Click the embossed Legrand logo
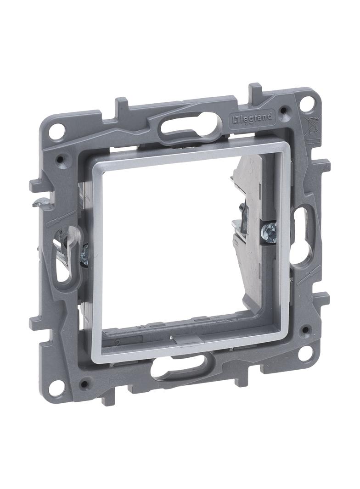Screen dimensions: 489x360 [252, 119]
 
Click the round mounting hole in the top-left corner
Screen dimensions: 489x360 [56, 132]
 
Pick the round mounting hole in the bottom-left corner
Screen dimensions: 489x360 [56, 388]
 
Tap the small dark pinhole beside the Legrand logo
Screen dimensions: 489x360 [285, 110]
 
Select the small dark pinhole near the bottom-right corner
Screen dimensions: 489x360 [303, 329]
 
